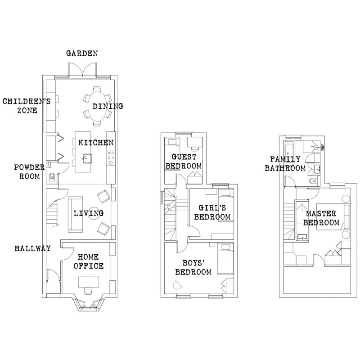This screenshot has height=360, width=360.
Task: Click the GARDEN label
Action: (x=82, y=54)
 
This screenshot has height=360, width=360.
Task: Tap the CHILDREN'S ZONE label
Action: (x=27, y=106)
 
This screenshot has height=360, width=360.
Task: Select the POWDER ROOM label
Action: (x=29, y=172)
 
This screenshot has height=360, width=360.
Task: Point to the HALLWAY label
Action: (x=32, y=248)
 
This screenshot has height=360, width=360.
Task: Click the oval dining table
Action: (x=97, y=106)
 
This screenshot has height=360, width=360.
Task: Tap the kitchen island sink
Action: (x=87, y=158)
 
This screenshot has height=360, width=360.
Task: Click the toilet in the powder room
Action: (x=52, y=176)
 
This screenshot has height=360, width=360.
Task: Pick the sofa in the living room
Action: (x=75, y=215)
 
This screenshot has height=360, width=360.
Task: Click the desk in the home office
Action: (x=89, y=282)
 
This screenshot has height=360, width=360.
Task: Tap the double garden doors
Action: (x=82, y=70)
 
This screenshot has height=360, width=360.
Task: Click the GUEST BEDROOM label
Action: (x=184, y=162)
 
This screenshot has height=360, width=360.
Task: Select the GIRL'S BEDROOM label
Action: (x=212, y=212)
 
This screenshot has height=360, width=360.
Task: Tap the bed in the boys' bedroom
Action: (x=225, y=259)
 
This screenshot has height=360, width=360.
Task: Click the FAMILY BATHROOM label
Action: (x=285, y=164)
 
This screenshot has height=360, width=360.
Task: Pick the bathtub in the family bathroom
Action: (x=288, y=149)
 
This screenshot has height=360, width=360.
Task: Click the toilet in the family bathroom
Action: (x=313, y=181)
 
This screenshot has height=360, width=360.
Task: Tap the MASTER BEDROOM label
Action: (x=321, y=218)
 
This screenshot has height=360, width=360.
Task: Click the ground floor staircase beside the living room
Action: (x=52, y=213)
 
